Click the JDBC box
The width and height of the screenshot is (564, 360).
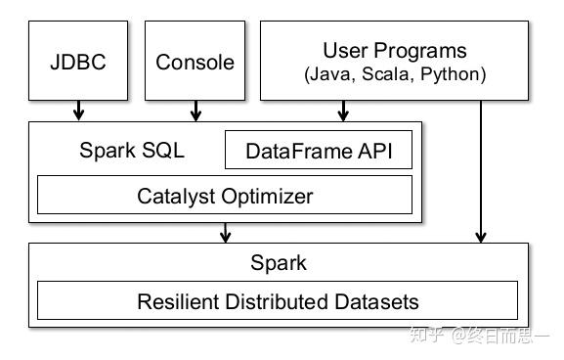point(77,63)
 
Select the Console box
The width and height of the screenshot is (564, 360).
point(195,63)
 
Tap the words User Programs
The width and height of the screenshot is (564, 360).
point(394,51)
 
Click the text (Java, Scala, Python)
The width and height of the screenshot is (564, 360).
point(394,74)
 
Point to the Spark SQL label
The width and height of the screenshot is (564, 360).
point(131,152)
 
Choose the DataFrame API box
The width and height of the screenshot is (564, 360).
point(319,152)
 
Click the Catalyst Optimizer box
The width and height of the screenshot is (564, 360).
point(225,196)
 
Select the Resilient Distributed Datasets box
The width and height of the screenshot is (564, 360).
point(278,301)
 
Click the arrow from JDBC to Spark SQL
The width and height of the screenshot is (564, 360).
point(77,111)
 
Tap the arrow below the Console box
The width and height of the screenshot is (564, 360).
point(195,111)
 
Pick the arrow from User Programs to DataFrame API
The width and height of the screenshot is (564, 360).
point(343,111)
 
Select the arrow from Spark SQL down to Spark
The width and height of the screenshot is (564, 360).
point(226,232)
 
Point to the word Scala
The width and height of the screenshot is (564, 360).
point(393,74)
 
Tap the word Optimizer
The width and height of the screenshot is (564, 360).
point(266,196)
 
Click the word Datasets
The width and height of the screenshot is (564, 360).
point(378,301)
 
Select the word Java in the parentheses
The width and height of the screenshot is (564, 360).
point(337,74)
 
